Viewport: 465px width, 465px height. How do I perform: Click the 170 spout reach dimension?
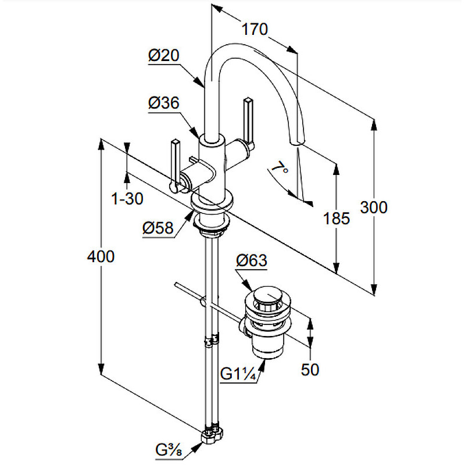pyautogui.click(x=255, y=30)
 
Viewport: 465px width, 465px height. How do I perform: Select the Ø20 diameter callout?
pyautogui.click(x=164, y=55)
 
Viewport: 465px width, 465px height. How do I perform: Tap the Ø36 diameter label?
pyautogui.click(x=164, y=103)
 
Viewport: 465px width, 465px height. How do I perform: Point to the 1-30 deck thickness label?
pyautogui.click(x=127, y=198)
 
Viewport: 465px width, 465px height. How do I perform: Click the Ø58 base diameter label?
pyautogui.click(x=158, y=228)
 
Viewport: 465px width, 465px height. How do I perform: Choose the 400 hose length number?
pyautogui.click(x=101, y=256)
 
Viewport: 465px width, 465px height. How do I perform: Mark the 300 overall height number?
pyautogui.click(x=374, y=208)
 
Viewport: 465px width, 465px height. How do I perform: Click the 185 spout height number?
pyautogui.click(x=337, y=219)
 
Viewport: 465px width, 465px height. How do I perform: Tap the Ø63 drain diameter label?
pyautogui.click(x=252, y=260)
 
